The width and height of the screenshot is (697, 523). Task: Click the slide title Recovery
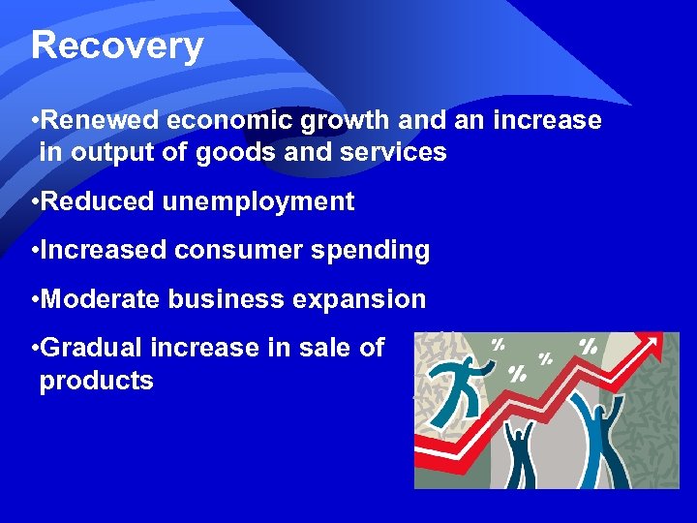(x=116, y=46)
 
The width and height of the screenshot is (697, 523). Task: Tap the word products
(x=96, y=381)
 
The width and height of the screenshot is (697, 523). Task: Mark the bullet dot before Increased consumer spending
(x=34, y=251)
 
